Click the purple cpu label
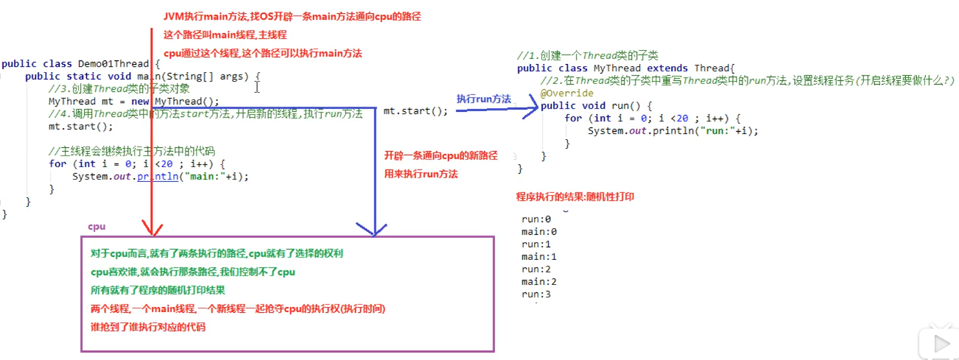pyautogui.click(x=96, y=227)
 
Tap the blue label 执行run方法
pyautogui.click(x=483, y=98)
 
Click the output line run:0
pyautogui.click(x=536, y=219)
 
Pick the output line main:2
pyautogui.click(x=539, y=282)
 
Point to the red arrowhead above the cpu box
pyautogui.click(x=150, y=229)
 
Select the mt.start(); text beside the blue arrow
pyautogui.click(x=415, y=111)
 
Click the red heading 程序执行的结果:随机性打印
pyautogui.click(x=575, y=197)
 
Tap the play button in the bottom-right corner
pyautogui.click(x=940, y=343)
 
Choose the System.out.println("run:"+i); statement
pyautogui.click(x=672, y=130)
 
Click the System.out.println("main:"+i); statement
pyautogui.click(x=161, y=177)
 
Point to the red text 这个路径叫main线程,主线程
pyautogui.click(x=225, y=35)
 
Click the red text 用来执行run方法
pyautogui.click(x=421, y=174)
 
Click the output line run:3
pyautogui.click(x=536, y=294)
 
